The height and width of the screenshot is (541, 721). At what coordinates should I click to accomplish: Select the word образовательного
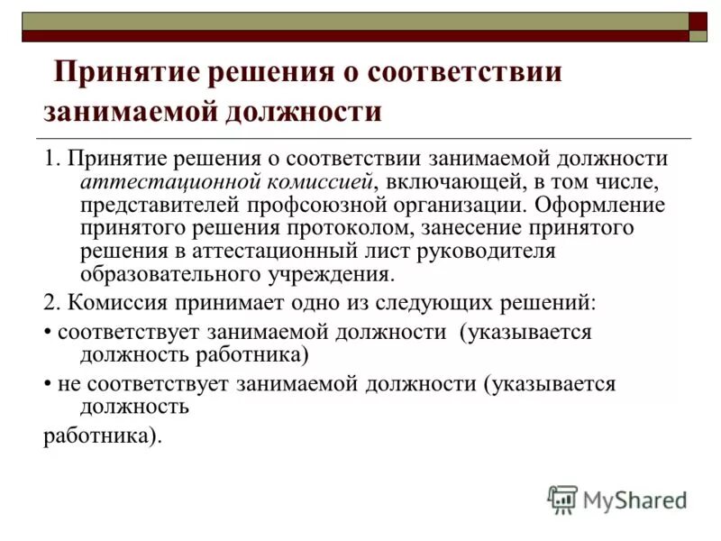pyautogui.click(x=170, y=275)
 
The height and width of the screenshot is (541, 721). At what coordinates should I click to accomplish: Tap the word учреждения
pyautogui.click(x=333, y=275)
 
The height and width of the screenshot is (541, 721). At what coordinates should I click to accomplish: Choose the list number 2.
pyautogui.click(x=49, y=300)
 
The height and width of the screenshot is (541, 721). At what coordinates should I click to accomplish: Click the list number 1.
pyautogui.click(x=49, y=159)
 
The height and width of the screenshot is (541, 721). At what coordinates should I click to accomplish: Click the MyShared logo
pyautogui.click(x=617, y=499)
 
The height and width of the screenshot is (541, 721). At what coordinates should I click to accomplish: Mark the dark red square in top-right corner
pyautogui.click(x=698, y=21)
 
